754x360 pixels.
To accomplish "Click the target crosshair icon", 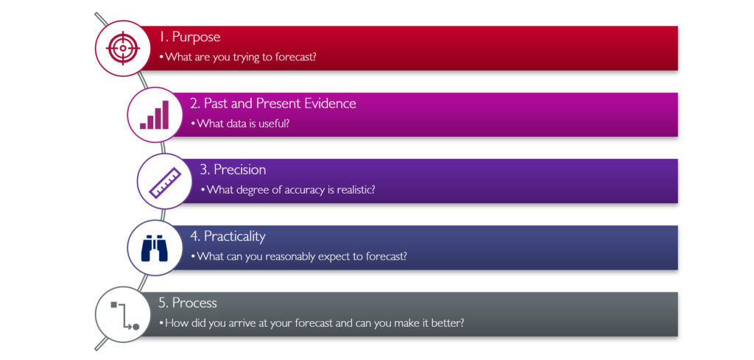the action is click(x=123, y=48).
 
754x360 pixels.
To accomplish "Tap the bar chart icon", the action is click(x=155, y=115).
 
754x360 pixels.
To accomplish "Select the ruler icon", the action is click(x=165, y=183).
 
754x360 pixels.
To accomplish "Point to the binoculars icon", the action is click(x=155, y=248).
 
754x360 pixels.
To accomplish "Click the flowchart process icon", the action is click(x=124, y=315).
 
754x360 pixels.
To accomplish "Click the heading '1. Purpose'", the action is click(x=190, y=38).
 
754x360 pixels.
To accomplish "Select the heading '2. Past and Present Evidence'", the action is click(x=274, y=103).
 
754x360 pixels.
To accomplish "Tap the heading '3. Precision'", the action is click(x=233, y=169).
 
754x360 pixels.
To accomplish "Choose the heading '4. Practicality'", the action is click(x=228, y=236).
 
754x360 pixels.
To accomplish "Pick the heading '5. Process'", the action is click(x=188, y=303).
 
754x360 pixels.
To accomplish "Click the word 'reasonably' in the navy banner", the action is click(x=275, y=257).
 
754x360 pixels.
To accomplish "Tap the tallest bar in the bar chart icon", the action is click(x=166, y=115).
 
